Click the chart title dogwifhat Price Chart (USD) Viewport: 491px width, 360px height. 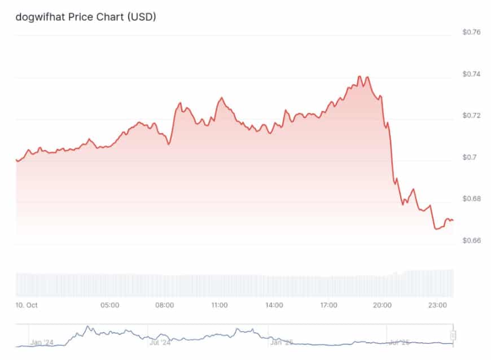click(86, 17)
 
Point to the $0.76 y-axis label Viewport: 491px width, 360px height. click(471, 32)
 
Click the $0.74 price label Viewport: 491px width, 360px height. click(471, 74)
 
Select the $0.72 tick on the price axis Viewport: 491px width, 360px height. click(471, 116)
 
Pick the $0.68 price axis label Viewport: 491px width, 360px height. click(471, 199)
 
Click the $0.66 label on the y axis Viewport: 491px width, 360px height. click(471, 240)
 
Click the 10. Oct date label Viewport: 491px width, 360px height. click(27, 305)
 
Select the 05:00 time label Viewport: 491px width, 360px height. click(110, 305)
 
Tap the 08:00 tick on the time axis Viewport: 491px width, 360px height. click(165, 305)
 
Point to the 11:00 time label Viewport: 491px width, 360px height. click(220, 305)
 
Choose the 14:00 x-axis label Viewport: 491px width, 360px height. click(274, 305)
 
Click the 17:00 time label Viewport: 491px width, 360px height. click(329, 305)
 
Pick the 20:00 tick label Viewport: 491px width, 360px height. click(383, 305)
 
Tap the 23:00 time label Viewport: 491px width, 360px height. click(438, 305)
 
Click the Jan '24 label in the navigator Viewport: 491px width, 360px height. click(42, 342)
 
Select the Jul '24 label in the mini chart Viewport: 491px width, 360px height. click(161, 342)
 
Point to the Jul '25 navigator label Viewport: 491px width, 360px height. click(400, 342)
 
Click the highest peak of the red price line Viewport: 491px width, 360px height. click(359, 76)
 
